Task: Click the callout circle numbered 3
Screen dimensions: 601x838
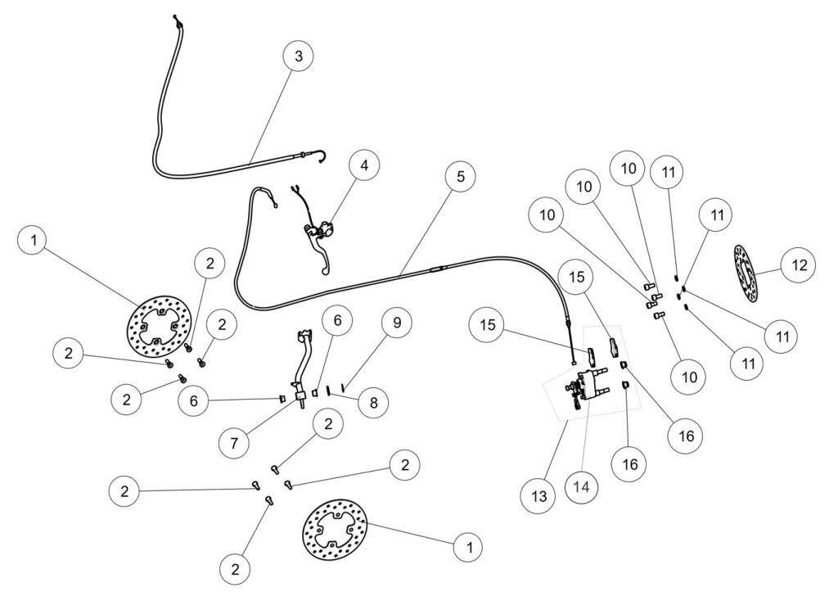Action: (298, 56)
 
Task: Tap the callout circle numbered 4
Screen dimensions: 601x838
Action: (364, 165)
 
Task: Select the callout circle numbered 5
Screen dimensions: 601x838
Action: (461, 177)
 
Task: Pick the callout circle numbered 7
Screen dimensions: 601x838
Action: (235, 442)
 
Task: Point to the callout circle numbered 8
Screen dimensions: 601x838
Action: (372, 403)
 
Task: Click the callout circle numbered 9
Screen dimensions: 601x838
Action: (396, 323)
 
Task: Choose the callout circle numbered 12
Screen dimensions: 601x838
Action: (798, 265)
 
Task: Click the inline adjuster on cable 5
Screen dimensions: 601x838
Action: (435, 269)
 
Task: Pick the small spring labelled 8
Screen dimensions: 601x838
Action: (328, 390)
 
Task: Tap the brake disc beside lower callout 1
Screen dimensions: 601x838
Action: (335, 531)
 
